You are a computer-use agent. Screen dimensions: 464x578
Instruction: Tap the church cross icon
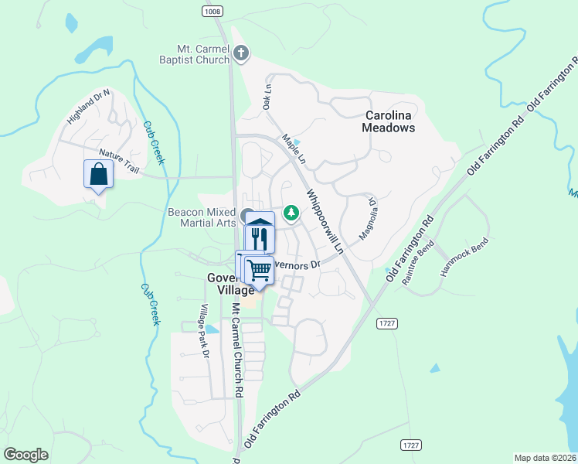point(241,53)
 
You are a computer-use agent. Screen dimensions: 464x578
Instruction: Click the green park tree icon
point(291,210)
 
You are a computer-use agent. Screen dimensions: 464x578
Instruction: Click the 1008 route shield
point(214,11)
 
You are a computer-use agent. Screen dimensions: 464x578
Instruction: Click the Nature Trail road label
point(117,161)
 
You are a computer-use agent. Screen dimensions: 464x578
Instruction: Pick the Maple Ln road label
point(294,149)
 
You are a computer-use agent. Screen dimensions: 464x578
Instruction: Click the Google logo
point(26,455)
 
